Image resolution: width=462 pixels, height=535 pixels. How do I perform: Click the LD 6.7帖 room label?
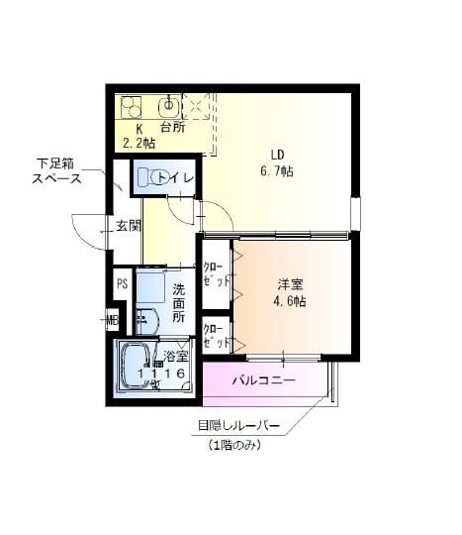pos(277,163)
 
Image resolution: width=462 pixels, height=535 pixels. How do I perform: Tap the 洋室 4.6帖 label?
pos(290,292)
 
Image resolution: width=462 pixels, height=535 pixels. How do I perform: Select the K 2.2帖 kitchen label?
pos(139,136)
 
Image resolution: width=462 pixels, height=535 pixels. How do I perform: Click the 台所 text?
pos(173,127)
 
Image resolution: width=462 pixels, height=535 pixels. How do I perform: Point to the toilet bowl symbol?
pos(150,177)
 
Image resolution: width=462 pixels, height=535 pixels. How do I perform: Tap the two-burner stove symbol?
pos(132,107)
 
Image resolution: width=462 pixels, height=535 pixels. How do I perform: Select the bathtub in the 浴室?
pos(137,367)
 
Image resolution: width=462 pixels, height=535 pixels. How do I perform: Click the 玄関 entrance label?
pos(129,226)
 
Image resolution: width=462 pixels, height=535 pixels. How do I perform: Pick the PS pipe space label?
pos(123,283)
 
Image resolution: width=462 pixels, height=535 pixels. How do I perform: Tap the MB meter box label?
pos(113,320)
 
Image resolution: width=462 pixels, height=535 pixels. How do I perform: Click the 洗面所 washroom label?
pos(178,303)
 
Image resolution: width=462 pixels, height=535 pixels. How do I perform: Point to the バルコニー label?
pos(264,379)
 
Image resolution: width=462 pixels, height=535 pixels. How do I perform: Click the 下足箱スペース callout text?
pos(56,171)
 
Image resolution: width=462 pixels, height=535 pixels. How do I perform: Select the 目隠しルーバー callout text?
pos(238,425)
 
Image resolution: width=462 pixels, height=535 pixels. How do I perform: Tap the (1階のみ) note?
pos(234,445)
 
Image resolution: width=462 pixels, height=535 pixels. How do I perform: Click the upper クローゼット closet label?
pos(217,274)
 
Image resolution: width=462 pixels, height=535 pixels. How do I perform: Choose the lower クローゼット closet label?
pos(217,336)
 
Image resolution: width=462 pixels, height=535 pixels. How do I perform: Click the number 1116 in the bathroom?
pos(161,373)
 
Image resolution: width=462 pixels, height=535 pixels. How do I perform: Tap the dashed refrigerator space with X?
pos(196,106)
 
